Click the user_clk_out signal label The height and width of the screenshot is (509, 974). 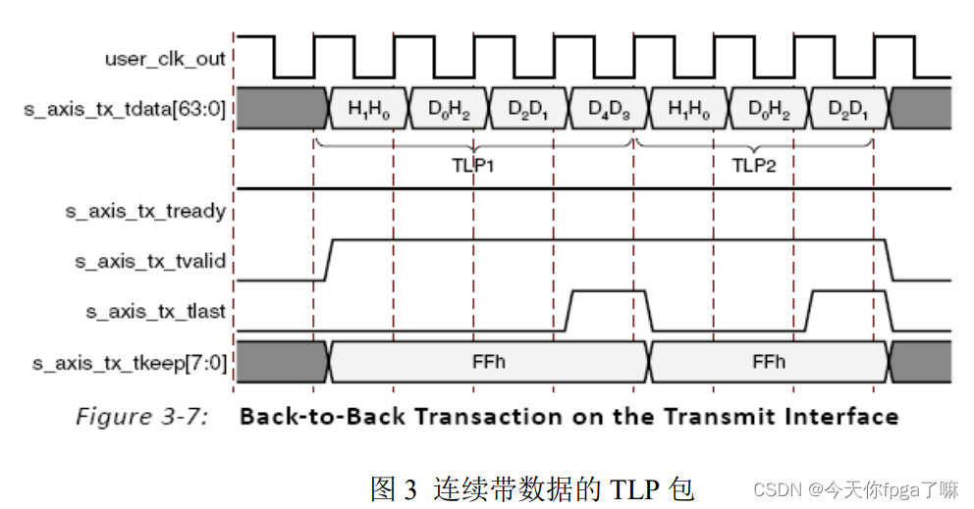point(165,59)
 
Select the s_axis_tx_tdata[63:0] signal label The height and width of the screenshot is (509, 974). point(125,108)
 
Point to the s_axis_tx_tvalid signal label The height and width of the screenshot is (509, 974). point(151,261)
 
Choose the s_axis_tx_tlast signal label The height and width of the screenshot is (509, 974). point(155,312)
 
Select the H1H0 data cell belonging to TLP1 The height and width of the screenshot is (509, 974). point(369,108)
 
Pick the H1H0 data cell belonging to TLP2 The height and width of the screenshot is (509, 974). point(688,108)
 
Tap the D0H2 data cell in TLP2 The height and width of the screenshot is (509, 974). point(769,108)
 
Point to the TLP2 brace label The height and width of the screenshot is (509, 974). point(754,165)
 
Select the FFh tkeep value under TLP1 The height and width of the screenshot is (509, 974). point(488,362)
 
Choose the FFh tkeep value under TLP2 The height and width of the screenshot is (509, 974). point(769,362)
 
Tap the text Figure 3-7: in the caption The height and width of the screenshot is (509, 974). point(141,417)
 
